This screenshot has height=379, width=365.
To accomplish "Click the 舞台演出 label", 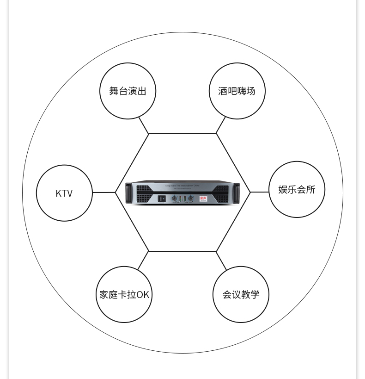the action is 128,91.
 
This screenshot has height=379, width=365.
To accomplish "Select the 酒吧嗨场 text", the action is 237,91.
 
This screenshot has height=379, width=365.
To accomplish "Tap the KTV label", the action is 64,193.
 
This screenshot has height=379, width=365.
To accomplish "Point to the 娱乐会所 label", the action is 297,190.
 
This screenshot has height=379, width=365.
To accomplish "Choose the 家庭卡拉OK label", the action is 124,295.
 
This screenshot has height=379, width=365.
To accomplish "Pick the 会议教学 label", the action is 241,295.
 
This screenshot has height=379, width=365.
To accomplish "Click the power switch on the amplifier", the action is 162,199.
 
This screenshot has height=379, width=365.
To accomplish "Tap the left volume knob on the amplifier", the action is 174,199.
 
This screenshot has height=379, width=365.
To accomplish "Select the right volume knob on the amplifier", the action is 190,199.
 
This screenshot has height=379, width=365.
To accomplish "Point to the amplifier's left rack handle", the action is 128,193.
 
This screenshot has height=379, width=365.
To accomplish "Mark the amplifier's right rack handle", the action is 237,193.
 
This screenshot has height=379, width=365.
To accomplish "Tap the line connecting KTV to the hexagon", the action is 104,193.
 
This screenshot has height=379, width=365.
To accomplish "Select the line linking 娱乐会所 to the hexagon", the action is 259,192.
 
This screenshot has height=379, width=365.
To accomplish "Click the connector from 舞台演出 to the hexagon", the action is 144,125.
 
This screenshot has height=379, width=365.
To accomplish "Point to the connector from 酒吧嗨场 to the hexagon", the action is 221,125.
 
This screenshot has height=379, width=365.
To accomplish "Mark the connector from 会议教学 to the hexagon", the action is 221,261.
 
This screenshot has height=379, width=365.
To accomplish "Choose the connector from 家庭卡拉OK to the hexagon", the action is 143,261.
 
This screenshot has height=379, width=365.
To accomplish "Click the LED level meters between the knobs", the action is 182,199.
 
